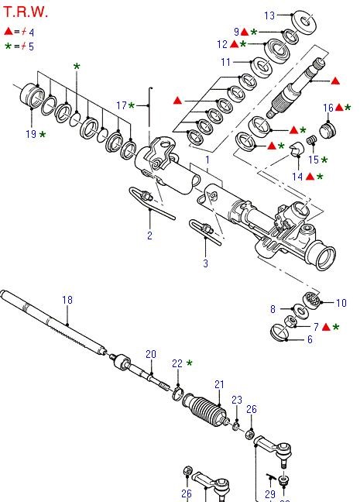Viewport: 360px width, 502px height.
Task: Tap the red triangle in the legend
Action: (9, 32)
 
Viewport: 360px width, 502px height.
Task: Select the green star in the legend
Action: (9, 46)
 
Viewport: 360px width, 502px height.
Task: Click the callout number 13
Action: (269, 15)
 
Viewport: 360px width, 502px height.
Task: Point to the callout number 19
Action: (30, 134)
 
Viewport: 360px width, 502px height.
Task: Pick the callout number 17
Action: (122, 105)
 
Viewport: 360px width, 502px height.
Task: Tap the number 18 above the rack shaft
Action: (67, 300)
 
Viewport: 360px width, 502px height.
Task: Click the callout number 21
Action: (219, 383)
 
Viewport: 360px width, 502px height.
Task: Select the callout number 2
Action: (149, 235)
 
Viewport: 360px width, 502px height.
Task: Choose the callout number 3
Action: (205, 263)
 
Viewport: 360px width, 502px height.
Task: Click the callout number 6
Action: (310, 339)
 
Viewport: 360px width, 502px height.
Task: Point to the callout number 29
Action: (270, 493)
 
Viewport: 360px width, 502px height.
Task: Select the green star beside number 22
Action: (189, 363)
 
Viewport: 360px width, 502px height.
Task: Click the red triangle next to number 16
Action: (339, 108)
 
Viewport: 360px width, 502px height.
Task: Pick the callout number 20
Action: (150, 353)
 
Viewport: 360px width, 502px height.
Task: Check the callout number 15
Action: (313, 160)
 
